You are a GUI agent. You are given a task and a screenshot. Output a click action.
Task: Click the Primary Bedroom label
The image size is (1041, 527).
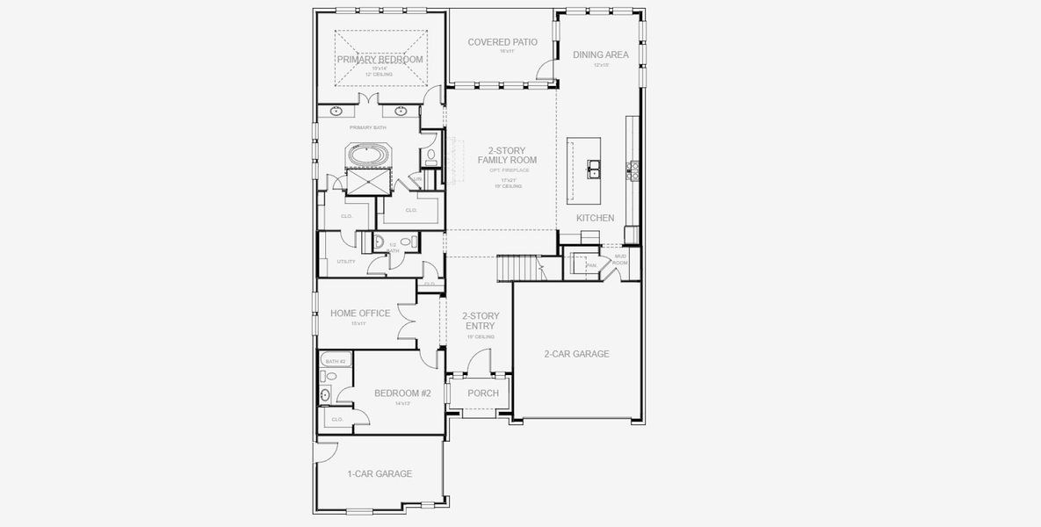tap(380, 60)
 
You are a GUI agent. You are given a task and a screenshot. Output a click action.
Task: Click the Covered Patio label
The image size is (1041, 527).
tap(502, 42)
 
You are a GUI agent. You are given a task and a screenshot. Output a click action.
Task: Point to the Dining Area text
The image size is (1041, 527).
tap(600, 54)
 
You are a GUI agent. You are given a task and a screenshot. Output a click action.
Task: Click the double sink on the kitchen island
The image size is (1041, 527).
tap(595, 167)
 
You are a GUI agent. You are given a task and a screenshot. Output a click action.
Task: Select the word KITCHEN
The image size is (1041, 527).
tap(595, 218)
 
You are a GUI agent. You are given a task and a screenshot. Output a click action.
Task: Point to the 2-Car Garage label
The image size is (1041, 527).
tap(576, 354)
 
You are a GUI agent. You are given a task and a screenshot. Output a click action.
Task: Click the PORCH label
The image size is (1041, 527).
tap(482, 393)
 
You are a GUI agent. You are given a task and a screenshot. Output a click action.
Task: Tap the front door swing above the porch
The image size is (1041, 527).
tap(480, 362)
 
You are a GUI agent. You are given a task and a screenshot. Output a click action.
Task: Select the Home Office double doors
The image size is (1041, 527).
tap(407, 321)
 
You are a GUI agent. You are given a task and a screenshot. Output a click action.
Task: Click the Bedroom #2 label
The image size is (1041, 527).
tap(401, 393)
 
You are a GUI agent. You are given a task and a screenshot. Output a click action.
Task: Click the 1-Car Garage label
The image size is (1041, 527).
tap(380, 473)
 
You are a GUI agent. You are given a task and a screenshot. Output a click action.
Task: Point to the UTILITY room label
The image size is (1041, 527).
tap(345, 262)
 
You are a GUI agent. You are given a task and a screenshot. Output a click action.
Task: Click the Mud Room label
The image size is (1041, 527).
tap(620, 257)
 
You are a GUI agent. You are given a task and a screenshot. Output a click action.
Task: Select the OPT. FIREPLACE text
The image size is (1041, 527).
tap(506, 170)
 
